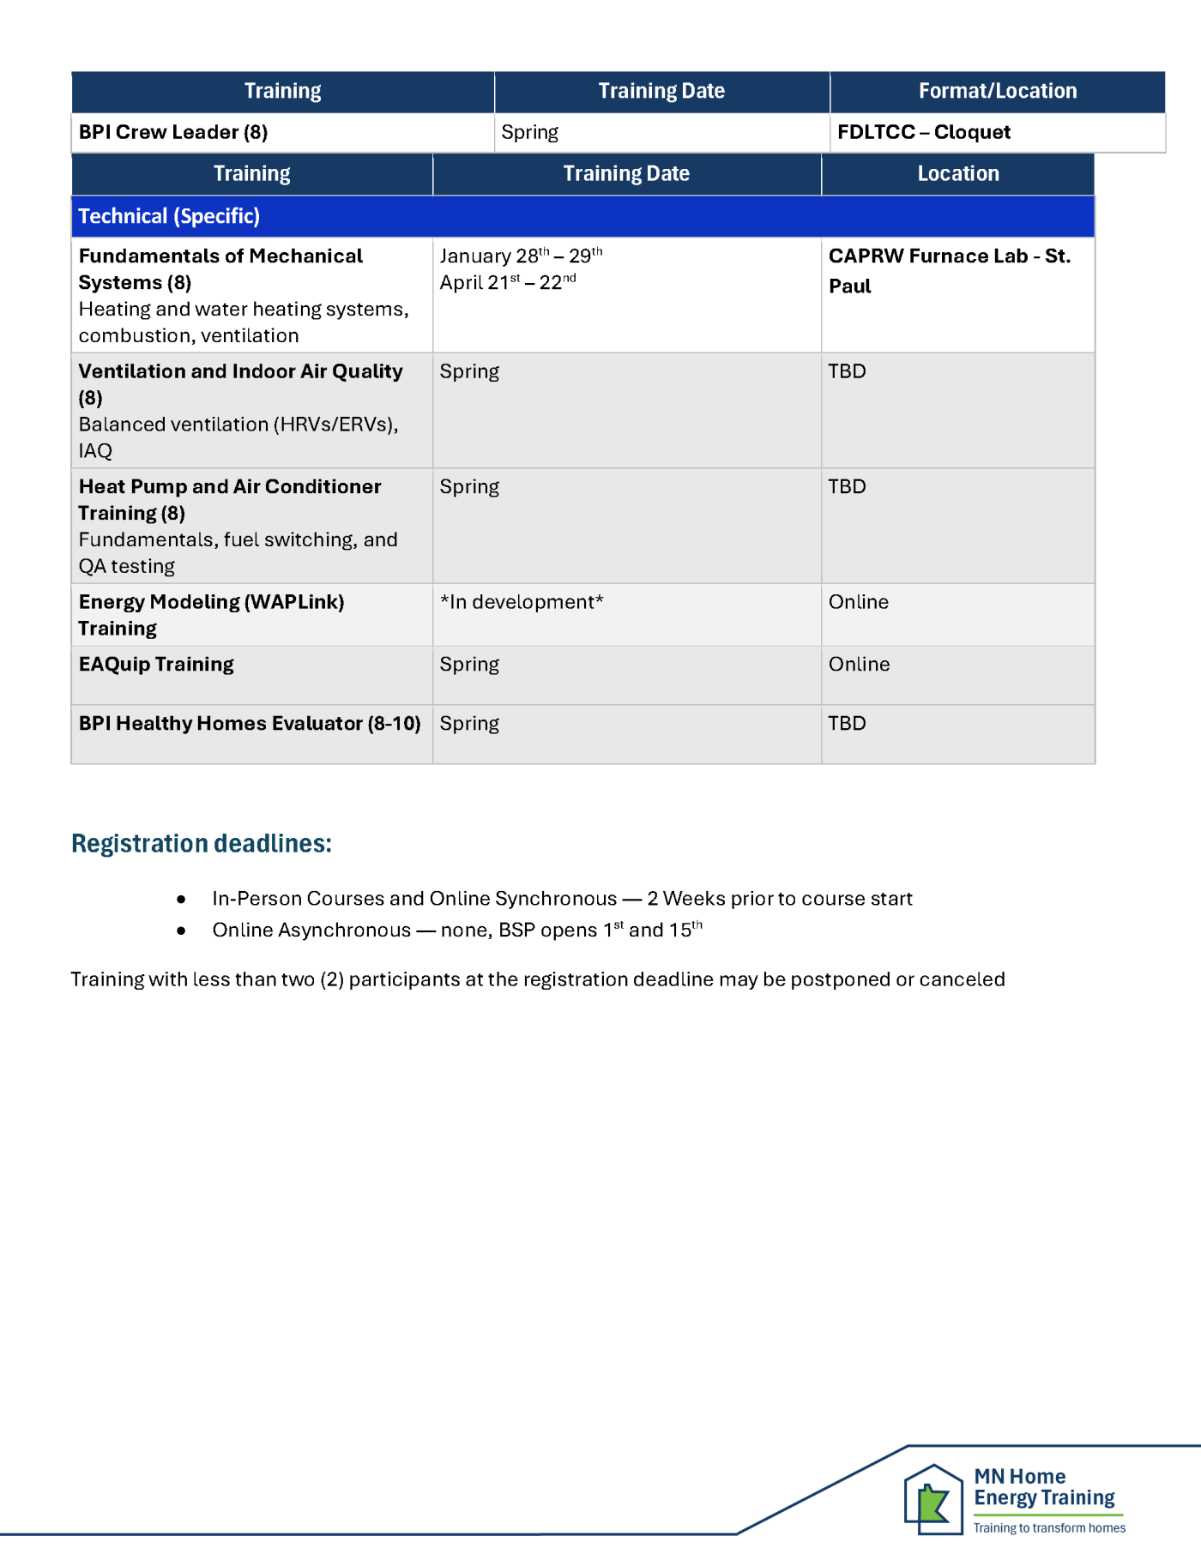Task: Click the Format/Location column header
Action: point(997,91)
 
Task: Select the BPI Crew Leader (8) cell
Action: point(173,132)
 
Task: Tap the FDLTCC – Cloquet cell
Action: point(923,132)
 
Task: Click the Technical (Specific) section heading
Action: point(169,216)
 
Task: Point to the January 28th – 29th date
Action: point(521,256)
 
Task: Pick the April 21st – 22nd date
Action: point(508,282)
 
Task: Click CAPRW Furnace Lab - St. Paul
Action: point(949,270)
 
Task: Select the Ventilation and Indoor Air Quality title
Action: point(240,371)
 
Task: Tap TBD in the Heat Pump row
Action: point(847,486)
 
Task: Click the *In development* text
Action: point(522,602)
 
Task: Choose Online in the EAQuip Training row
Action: point(859,664)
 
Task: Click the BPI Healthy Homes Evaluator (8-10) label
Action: point(250,723)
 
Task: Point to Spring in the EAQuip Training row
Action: point(469,664)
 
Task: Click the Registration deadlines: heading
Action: point(201,843)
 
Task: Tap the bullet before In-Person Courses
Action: point(181,899)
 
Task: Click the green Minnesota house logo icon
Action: point(933,1499)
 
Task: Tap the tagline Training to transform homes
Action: point(1049,1527)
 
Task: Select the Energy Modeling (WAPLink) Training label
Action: point(211,615)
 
